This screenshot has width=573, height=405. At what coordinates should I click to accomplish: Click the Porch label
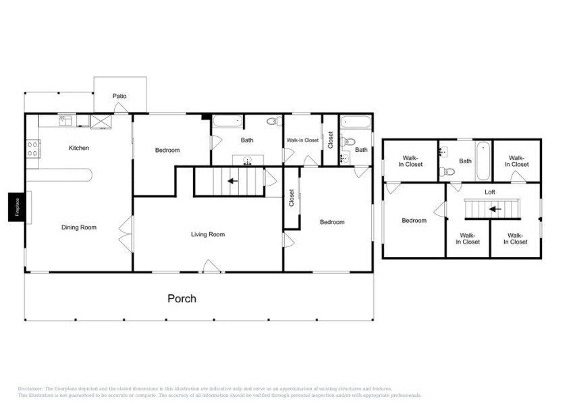(x=182, y=298)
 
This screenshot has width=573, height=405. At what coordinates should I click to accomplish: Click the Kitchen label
(x=79, y=148)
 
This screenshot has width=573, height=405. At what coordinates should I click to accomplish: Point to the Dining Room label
(x=79, y=227)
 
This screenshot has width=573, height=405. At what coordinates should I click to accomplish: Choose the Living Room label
(x=207, y=234)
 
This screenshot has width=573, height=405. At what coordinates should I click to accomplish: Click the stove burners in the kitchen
(x=32, y=148)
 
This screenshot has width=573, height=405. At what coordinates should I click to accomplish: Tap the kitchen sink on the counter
(x=65, y=121)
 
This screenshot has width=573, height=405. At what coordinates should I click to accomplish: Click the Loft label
(x=490, y=192)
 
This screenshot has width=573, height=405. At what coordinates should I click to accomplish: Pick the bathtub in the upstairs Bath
(x=483, y=161)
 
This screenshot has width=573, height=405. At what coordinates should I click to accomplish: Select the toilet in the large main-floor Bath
(x=274, y=122)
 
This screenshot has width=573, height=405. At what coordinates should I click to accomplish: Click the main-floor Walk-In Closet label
(x=302, y=140)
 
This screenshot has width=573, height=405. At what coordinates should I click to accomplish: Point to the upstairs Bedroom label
(x=414, y=220)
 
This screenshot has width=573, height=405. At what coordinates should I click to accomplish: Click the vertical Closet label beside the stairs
(x=292, y=197)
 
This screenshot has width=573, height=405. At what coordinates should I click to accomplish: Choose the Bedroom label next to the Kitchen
(x=167, y=150)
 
